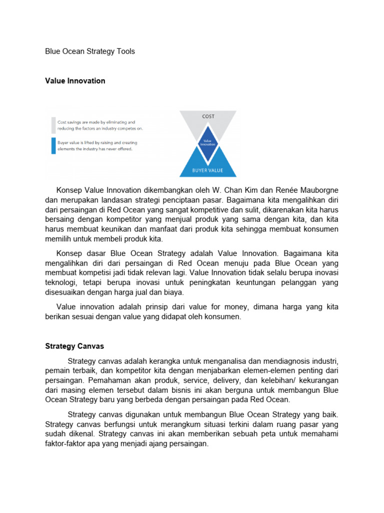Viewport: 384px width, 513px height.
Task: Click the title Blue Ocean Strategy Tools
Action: tap(90, 51)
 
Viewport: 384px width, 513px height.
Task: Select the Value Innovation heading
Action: tap(75, 81)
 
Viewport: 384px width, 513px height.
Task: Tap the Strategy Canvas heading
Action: tap(74, 346)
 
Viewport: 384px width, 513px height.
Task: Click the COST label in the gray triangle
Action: tap(208, 116)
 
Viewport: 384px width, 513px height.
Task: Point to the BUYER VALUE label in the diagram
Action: tap(208, 171)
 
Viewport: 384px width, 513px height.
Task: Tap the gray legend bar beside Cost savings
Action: tap(53, 125)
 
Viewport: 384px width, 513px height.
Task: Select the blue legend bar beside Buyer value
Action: tap(53, 145)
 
